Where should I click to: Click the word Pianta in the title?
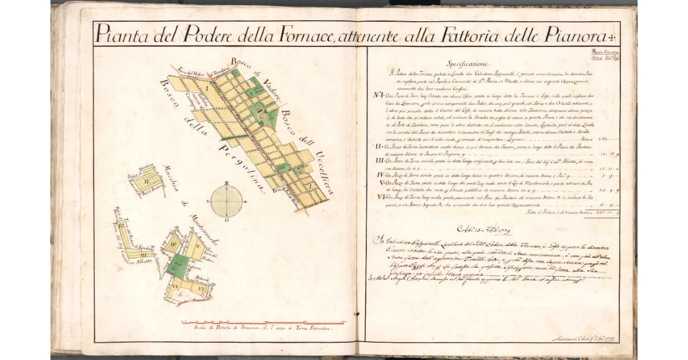[x=119, y=35]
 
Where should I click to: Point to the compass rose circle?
[x=227, y=201]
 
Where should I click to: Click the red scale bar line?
[x=263, y=323]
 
